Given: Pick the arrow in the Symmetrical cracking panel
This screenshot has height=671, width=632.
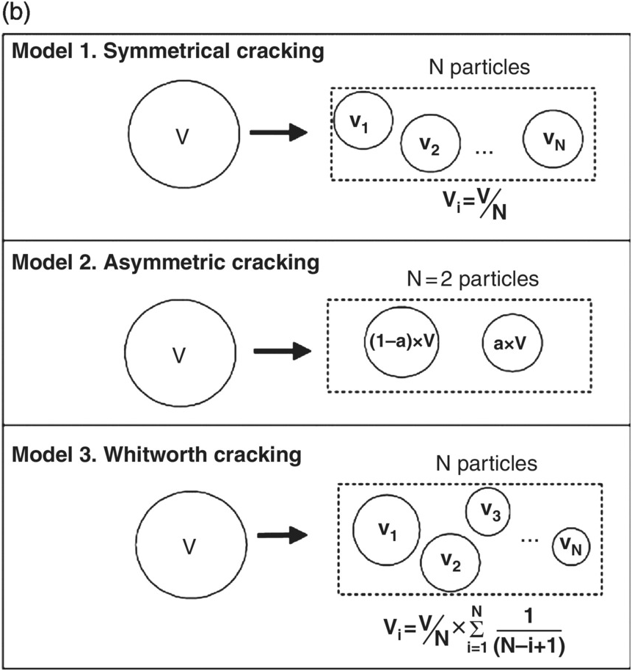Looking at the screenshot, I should (277, 133).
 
